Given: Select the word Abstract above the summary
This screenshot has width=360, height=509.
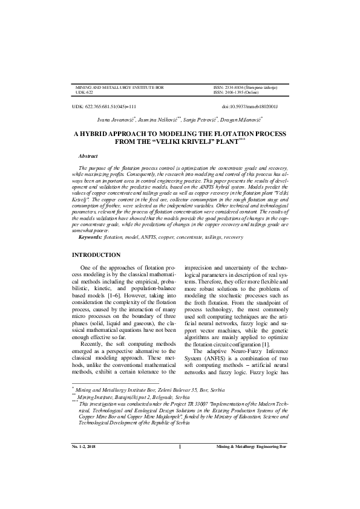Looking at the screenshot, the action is pyautogui.click(x=88, y=156).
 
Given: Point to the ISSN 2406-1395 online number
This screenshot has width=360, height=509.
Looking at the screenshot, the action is pyautogui.click(x=237, y=92).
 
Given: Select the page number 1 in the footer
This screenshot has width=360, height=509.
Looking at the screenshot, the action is pyautogui.click(x=180, y=481).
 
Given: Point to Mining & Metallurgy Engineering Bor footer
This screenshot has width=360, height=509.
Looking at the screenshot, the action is pyautogui.click(x=252, y=481).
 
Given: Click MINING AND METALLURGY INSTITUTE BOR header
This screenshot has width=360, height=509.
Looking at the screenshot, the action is pyautogui.click(x=119, y=88).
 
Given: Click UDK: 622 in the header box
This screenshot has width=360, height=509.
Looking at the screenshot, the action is pyautogui.click(x=83, y=92).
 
